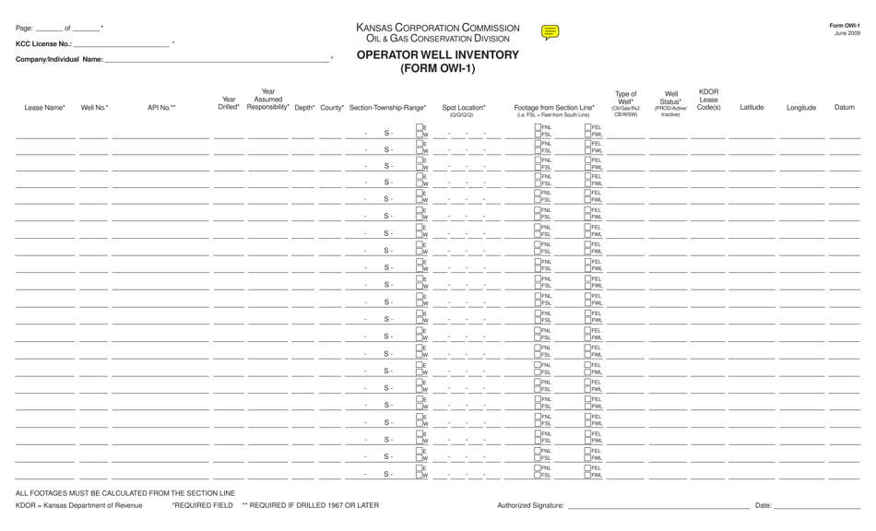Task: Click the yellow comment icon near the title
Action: [x=550, y=33]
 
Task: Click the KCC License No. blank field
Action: [x=122, y=43]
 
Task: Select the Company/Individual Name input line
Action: [x=217, y=60]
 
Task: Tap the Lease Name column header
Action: [x=44, y=108]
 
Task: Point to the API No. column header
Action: [x=161, y=108]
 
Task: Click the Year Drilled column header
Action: [x=229, y=103]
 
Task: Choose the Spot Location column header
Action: [x=464, y=109]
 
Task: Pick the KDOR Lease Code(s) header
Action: [x=708, y=100]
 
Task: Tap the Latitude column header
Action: [x=752, y=108]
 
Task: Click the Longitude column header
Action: [x=800, y=108]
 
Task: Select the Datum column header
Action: [x=844, y=108]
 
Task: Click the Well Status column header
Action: [x=670, y=103]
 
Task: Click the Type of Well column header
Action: [x=625, y=103]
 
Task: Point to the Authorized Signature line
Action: [x=657, y=506]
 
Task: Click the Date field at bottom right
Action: [x=817, y=506]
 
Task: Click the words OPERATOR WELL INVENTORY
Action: [x=437, y=55]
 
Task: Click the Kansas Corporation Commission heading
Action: [x=437, y=28]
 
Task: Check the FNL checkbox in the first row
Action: [x=538, y=127]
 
